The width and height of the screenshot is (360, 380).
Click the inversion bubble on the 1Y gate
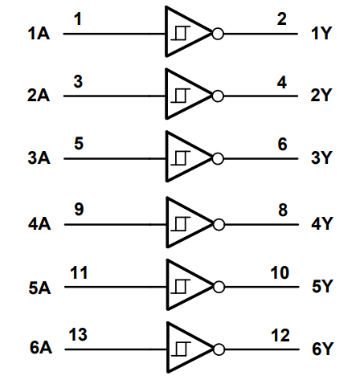click(x=217, y=33)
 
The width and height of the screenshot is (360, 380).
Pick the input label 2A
click(x=38, y=95)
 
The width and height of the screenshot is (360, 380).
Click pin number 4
click(x=282, y=81)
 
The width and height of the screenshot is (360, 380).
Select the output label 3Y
click(x=321, y=158)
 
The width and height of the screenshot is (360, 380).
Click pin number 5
click(x=77, y=145)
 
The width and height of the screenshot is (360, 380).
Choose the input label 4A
click(x=38, y=223)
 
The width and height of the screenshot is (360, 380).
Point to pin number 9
click(x=77, y=209)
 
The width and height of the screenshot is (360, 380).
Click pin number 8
click(x=282, y=209)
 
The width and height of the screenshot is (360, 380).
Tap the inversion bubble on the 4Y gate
click(x=217, y=223)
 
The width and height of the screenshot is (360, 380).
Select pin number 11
click(x=77, y=272)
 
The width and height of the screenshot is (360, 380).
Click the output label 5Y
click(x=321, y=286)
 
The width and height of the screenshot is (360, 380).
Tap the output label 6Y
click(x=321, y=349)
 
